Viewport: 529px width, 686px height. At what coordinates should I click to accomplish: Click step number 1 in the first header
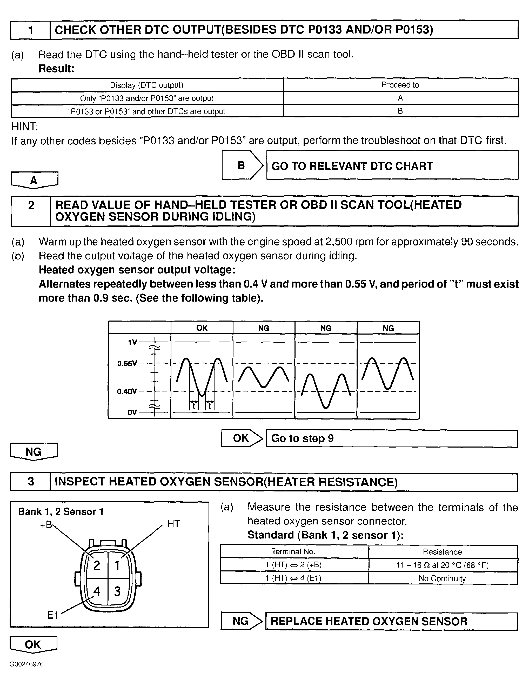point(30,30)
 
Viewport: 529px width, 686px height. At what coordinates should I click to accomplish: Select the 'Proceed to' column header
point(400,85)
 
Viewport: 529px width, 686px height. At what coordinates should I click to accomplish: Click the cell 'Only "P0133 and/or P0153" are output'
point(147,98)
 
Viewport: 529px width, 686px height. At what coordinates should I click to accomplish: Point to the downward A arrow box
point(34,180)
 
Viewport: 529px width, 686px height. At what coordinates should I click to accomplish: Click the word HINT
point(24,126)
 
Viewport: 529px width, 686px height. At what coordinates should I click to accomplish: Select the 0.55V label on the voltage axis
point(127,363)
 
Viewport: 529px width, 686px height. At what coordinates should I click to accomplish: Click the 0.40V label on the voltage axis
point(127,391)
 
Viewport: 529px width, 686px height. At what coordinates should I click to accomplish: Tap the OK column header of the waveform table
point(202,328)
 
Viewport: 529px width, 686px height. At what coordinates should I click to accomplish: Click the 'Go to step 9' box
point(392,438)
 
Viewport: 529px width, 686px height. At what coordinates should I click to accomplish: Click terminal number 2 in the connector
point(97,565)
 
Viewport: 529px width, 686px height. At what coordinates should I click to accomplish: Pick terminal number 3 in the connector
point(117,591)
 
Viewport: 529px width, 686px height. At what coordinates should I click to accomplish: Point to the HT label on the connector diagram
point(173,524)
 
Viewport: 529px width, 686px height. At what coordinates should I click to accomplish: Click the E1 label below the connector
point(53,615)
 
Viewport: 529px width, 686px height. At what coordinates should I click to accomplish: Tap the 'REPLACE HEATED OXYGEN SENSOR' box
point(391,621)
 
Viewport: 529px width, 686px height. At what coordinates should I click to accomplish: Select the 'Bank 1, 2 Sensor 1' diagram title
point(61,512)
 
